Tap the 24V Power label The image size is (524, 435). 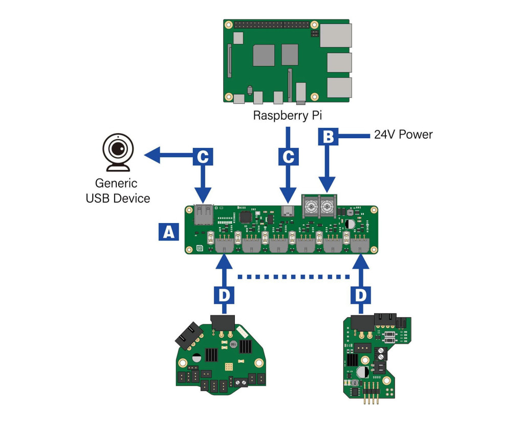[403, 135]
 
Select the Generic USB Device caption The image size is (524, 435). [118, 191]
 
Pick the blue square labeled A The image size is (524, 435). [168, 231]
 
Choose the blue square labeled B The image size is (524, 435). [327, 136]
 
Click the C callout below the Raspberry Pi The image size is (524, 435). [288, 156]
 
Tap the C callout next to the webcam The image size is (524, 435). [203, 156]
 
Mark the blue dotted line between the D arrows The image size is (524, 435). [294, 277]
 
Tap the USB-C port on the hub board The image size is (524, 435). [289, 211]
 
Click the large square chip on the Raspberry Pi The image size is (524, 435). [264, 55]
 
